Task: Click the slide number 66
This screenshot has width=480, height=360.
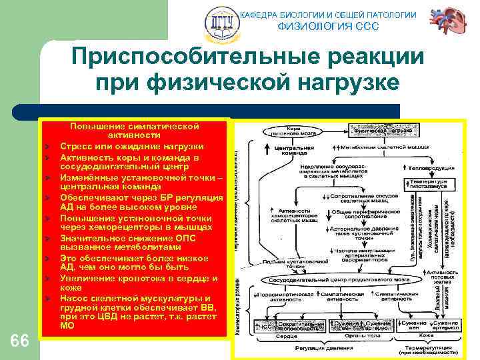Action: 20,341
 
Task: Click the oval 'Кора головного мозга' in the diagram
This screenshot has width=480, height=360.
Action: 287,131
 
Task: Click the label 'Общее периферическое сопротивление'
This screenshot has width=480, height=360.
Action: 358,215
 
